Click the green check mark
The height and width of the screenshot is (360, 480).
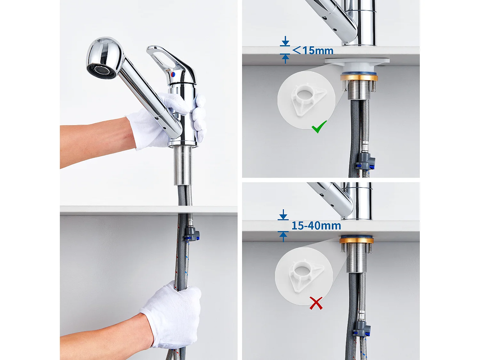point(319,127)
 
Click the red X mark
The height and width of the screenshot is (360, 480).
point(316,303)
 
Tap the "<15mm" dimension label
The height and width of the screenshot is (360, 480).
point(313,51)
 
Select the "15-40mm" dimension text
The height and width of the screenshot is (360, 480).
point(316,226)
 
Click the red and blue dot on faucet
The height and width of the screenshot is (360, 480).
point(173,74)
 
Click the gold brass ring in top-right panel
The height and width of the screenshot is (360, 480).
point(358,77)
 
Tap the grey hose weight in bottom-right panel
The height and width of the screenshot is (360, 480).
point(362,330)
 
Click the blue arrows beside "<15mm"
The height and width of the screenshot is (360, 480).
point(285,50)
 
